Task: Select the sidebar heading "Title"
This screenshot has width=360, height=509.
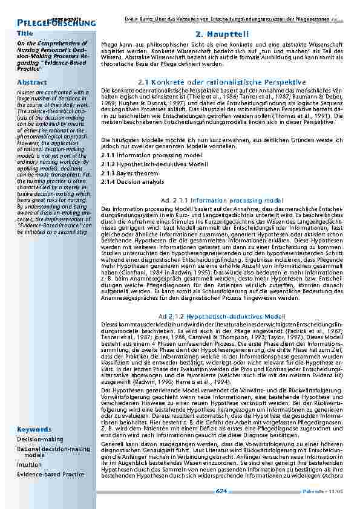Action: click(x=25, y=33)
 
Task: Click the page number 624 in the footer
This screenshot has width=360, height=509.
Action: click(x=221, y=492)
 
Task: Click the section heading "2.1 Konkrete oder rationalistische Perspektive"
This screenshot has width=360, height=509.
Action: click(x=222, y=82)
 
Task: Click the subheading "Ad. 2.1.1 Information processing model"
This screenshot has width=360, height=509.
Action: click(x=222, y=199)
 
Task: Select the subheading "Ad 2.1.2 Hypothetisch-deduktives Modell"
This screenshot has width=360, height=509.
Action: click(x=222, y=316)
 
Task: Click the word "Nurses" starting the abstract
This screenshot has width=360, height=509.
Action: click(x=26, y=92)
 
